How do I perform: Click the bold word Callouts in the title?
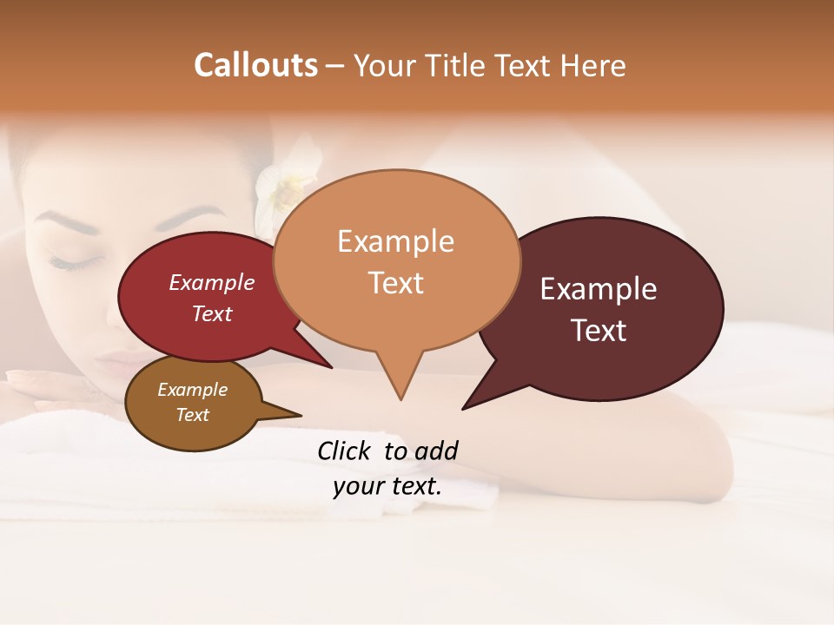[x=255, y=65]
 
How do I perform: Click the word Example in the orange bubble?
[x=395, y=241]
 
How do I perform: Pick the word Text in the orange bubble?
[x=395, y=283]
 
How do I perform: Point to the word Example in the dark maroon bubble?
[x=599, y=289]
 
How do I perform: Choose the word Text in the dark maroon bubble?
[x=599, y=331]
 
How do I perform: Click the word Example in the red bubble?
[x=211, y=282]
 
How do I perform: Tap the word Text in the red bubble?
[x=211, y=313]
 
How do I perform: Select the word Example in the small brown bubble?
[x=192, y=390]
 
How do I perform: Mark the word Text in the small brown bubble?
[x=192, y=415]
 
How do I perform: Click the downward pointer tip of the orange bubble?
[x=400, y=398]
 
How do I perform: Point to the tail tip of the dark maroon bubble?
[x=464, y=407]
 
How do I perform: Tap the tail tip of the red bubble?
[x=331, y=367]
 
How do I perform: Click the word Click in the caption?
[x=345, y=451]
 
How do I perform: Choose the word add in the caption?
[x=435, y=451]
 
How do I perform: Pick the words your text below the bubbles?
[x=387, y=486]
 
